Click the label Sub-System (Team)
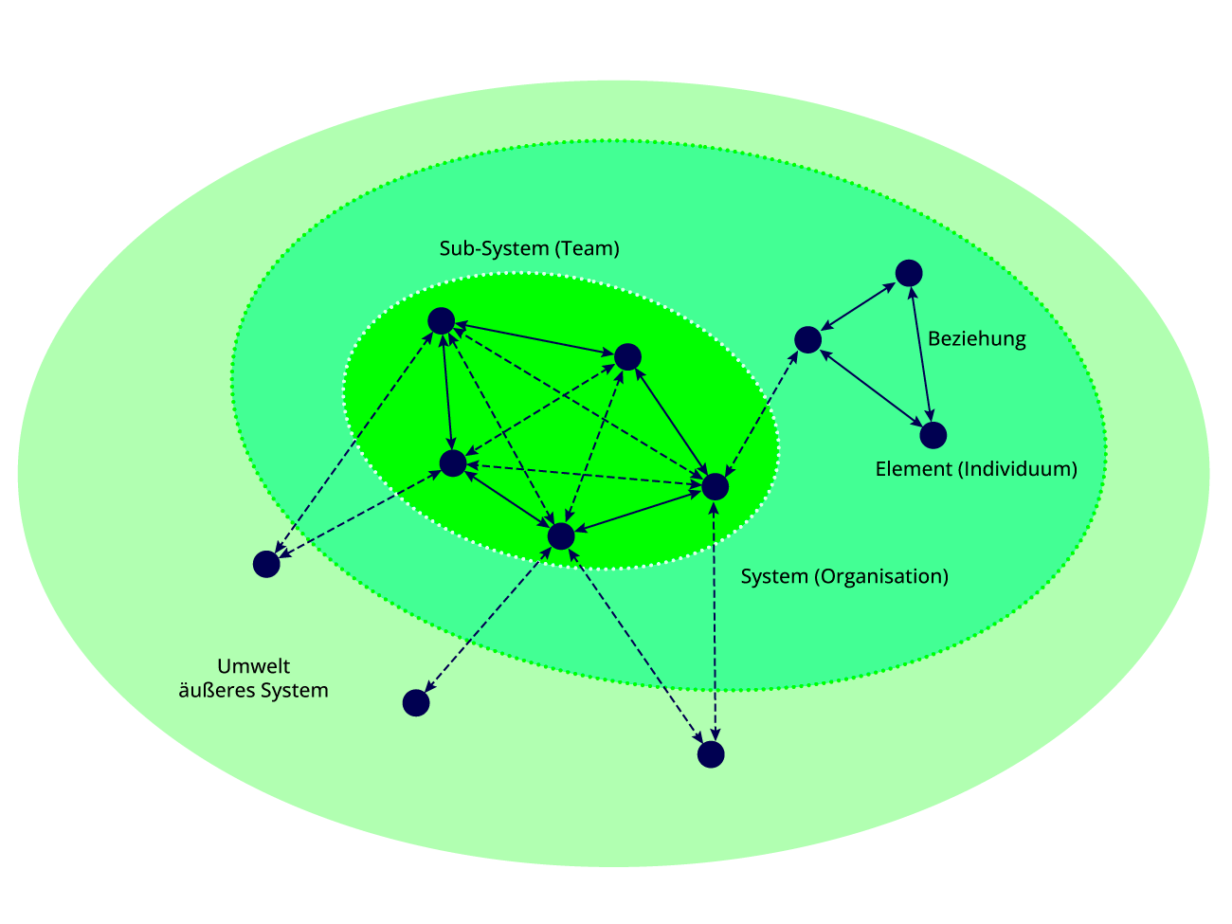pos(529,249)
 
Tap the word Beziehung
pos(976,339)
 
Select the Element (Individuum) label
pos(976,469)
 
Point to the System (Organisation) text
pos(844,576)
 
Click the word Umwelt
pos(254,666)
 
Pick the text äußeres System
pos(254,691)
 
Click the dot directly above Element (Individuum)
pos(933,435)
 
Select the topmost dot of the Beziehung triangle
pos(909,273)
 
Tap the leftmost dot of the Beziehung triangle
pos(807,339)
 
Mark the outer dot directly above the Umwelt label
pos(266,564)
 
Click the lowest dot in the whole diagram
pos(711,754)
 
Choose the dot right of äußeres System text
pos(416,702)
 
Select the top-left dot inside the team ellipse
pos(441,321)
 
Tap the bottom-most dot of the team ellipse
pos(561,535)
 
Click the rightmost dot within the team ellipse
pos(715,486)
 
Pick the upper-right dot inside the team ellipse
pos(627,356)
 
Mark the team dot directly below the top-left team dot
pos(453,463)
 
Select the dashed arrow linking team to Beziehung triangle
pos(761,413)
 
